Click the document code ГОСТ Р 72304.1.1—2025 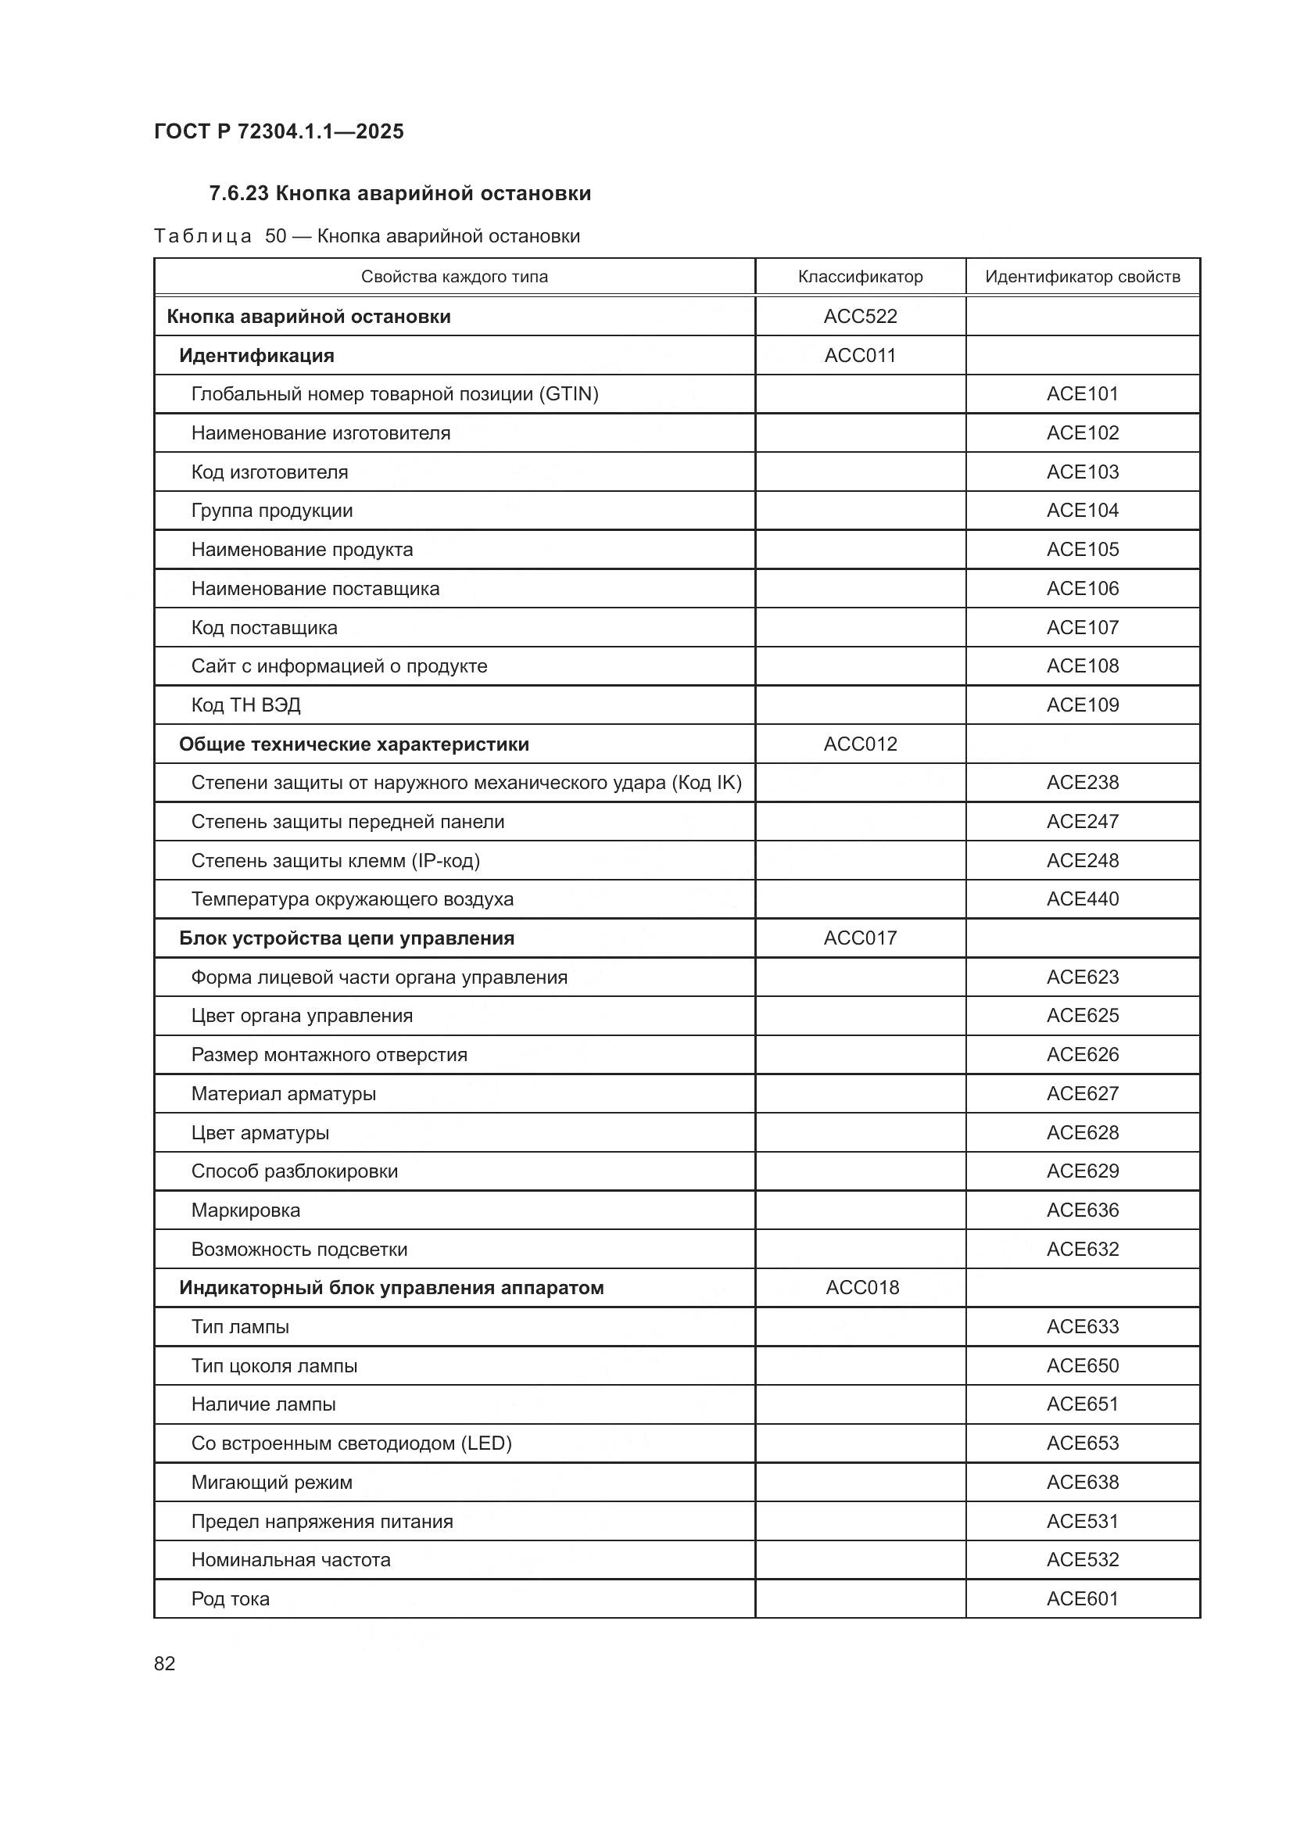click(278, 131)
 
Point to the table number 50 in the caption click(275, 237)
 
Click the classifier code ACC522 click(860, 316)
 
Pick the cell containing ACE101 click(1082, 393)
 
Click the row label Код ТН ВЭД click(245, 705)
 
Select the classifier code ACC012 click(860, 744)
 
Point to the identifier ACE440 click(1082, 899)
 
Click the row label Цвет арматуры click(260, 1133)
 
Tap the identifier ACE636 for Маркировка click(1082, 1210)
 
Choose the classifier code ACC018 click(862, 1288)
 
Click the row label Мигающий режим click(271, 1483)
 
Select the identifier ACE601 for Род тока click(1082, 1599)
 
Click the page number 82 click(164, 1663)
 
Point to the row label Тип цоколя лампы click(274, 1366)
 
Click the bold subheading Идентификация click(256, 355)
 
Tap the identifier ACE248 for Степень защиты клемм click(1082, 860)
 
